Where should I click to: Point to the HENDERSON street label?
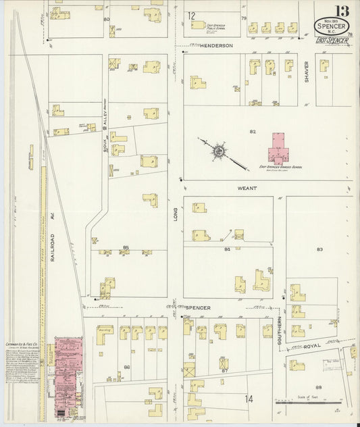(215, 45)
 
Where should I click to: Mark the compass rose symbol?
(219, 152)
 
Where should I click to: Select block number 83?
(319, 249)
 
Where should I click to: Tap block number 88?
(318, 386)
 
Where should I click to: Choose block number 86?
(126, 367)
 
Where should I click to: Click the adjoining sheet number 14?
(249, 399)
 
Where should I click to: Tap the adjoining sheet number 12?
(191, 15)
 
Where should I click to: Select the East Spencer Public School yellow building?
(198, 25)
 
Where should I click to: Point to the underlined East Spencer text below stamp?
(332, 41)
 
